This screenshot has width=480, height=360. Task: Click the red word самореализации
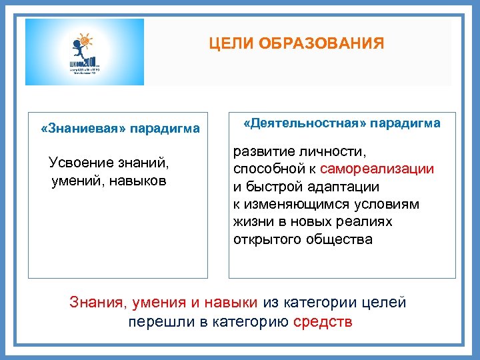tap(377, 170)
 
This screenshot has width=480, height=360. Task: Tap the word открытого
tap(267, 239)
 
